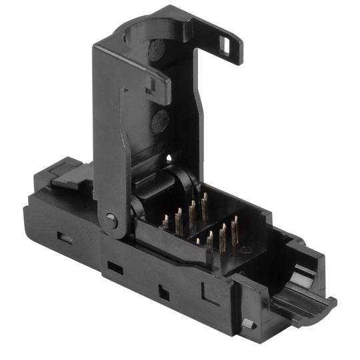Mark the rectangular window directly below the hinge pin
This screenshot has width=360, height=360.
coord(115,267)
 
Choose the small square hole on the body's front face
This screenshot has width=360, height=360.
coord(163,291)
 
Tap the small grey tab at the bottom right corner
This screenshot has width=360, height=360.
coord(248,323)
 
